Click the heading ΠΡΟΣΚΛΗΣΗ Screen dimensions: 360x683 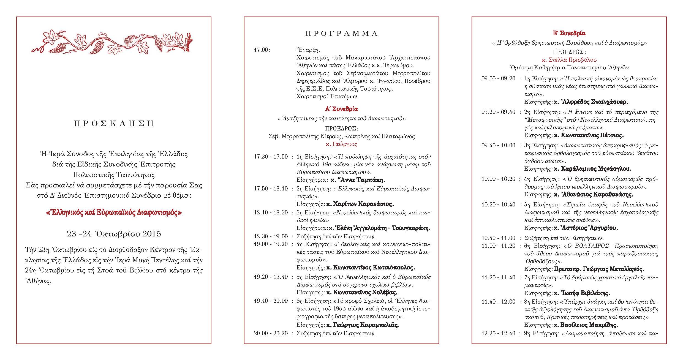(114, 123)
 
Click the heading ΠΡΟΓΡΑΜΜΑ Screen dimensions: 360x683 (341, 34)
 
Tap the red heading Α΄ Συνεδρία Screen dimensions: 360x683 (341, 109)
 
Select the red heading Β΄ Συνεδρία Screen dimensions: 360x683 (569, 33)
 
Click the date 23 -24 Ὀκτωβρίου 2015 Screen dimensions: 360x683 (114, 234)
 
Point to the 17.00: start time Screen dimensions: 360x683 (262, 50)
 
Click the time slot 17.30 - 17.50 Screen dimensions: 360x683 (271, 157)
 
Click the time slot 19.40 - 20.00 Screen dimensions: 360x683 (271, 301)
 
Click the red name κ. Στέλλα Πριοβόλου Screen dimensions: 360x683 (569, 60)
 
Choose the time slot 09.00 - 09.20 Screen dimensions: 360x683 (498, 78)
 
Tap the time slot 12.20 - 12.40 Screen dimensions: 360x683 (498, 333)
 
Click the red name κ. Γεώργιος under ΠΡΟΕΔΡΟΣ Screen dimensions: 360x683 (341, 144)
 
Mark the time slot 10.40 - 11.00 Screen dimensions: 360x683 (498, 238)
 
